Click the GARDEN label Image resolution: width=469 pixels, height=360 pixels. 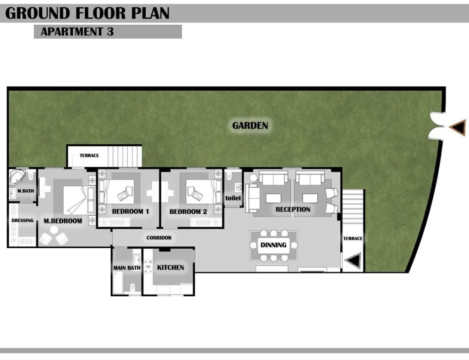[x=250, y=125]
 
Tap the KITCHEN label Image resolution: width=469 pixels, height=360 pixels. [x=170, y=267]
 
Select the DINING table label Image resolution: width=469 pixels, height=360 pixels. [x=273, y=245]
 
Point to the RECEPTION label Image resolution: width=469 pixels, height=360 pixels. [x=293, y=209]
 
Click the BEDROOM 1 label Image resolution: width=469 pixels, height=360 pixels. [x=131, y=212]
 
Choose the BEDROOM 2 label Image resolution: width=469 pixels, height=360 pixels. [x=188, y=212]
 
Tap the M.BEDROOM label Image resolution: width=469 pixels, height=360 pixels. [x=63, y=221]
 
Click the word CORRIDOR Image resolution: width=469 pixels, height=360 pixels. [x=159, y=238]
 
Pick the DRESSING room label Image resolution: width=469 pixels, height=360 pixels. [x=22, y=220]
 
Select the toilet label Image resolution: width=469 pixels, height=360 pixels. [x=233, y=198]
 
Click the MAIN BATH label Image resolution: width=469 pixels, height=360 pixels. [x=127, y=268]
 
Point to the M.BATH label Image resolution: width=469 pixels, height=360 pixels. [x=26, y=191]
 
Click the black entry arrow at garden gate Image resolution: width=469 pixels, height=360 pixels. [x=458, y=127]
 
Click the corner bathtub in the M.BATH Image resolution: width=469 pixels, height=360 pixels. [x=17, y=177]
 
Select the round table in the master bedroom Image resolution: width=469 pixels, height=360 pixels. [x=54, y=230]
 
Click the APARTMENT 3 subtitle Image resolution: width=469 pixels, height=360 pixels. [x=77, y=32]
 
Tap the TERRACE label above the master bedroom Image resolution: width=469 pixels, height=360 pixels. [x=89, y=155]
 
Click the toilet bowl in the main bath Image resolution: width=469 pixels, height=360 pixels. [x=133, y=288]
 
